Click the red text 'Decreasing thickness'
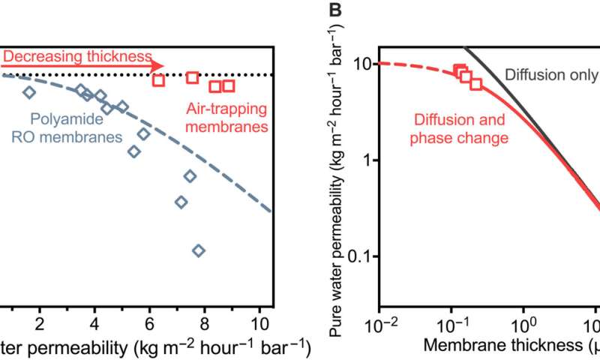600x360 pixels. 76,56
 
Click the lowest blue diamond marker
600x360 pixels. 199,250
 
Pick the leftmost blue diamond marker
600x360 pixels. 29,92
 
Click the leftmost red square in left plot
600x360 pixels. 158,80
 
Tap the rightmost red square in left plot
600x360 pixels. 229,86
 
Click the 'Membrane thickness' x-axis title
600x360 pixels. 495,346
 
